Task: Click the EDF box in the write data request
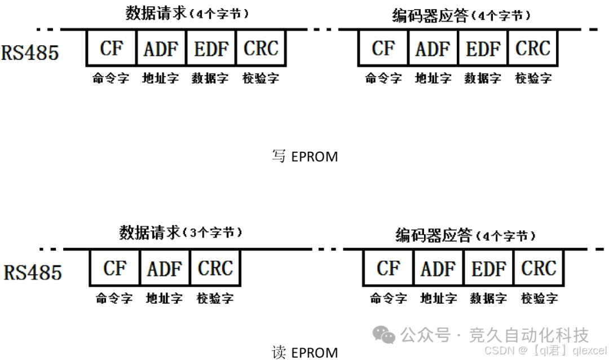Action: coord(211,49)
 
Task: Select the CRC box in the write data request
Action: coord(261,49)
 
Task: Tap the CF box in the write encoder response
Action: coord(383,49)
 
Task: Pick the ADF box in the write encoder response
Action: coord(433,49)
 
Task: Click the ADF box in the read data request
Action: coord(165,269)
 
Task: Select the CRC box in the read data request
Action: coord(215,269)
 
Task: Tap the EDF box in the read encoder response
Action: coord(488,269)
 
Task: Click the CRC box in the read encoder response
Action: coord(539,269)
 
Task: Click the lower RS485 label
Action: coord(33,273)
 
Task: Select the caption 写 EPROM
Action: coord(304,156)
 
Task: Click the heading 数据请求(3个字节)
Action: coord(180,232)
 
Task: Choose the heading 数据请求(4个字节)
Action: coord(186,14)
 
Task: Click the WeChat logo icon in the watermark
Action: coord(386,336)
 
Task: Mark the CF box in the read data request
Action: coord(115,269)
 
